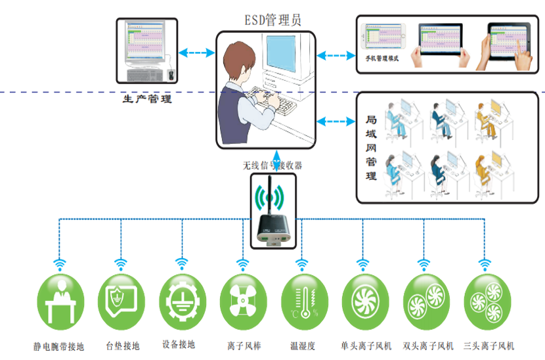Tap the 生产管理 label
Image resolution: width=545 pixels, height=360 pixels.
pos(147,100)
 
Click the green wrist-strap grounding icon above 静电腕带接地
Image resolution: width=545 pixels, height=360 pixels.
pos(60,302)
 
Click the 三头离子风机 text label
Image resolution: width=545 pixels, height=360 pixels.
pos(489,346)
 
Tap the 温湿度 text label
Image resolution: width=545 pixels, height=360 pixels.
pos(303,345)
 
